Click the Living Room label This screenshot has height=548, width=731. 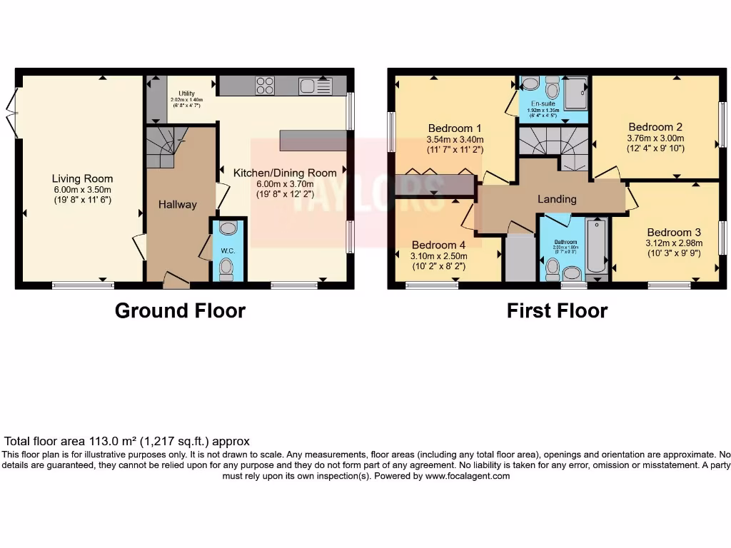82,178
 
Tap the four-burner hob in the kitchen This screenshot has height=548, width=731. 265,86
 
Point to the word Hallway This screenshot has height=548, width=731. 177,205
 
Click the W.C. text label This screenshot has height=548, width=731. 228,250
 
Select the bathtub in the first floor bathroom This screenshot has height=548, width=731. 596,246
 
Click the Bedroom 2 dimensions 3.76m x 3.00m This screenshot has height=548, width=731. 655,138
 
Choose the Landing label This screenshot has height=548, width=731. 557,199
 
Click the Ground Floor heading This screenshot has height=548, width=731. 180,311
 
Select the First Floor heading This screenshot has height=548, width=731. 557,311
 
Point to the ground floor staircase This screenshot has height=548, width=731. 166,146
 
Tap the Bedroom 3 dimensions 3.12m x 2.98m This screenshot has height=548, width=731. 675,243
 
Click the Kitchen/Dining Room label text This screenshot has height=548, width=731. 285,173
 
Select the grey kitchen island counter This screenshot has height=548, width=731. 313,140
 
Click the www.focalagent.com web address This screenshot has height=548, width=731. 467,476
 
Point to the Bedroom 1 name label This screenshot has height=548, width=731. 455,128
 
